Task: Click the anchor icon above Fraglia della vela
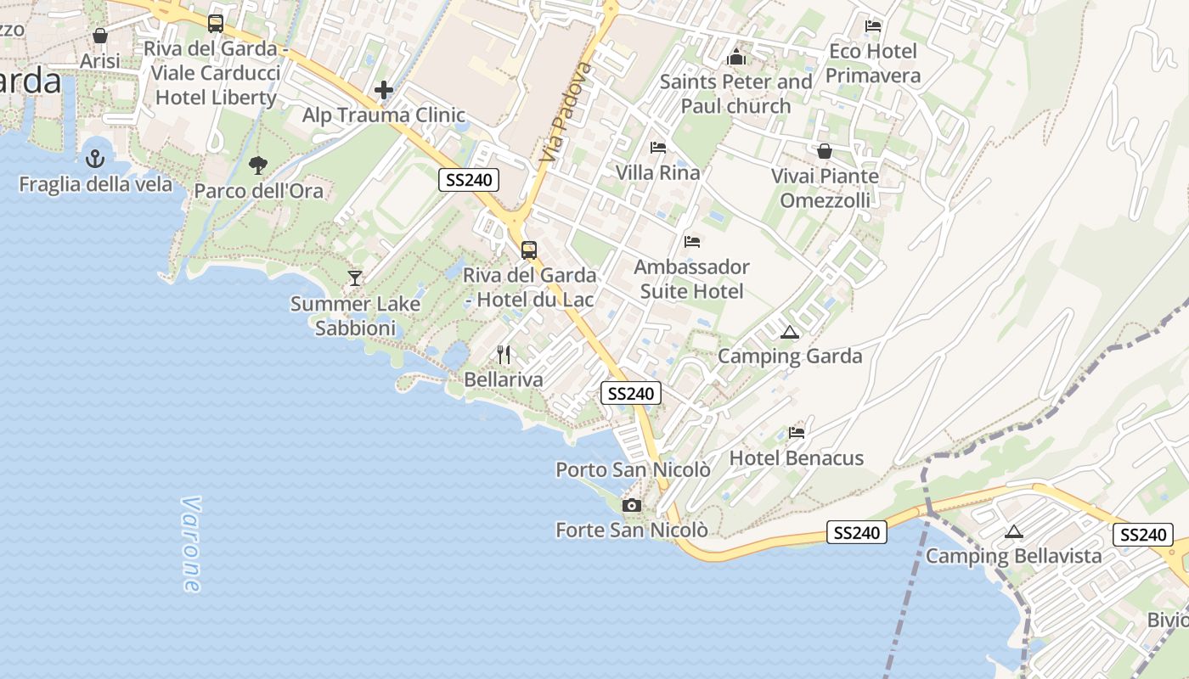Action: (x=95, y=158)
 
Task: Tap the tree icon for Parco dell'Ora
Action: (x=258, y=165)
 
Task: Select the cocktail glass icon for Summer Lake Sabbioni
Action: (x=355, y=278)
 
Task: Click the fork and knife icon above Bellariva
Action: (x=504, y=354)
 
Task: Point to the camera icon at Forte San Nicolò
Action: (x=631, y=505)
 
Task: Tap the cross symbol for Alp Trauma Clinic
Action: (x=384, y=89)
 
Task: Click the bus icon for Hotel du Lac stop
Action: (x=528, y=250)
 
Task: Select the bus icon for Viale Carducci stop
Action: (x=216, y=23)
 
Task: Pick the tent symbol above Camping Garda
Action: (x=790, y=332)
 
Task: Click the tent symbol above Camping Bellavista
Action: (x=1013, y=532)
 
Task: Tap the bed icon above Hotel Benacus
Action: (x=796, y=433)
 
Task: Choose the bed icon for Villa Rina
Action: (x=657, y=148)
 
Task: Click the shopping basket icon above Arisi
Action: (x=100, y=36)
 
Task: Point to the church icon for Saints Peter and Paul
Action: (x=736, y=57)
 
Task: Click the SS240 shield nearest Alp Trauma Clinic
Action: (x=469, y=179)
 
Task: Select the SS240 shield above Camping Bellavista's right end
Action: (x=1142, y=535)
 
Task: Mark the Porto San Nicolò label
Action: (x=633, y=469)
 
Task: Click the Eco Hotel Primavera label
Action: (x=873, y=64)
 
